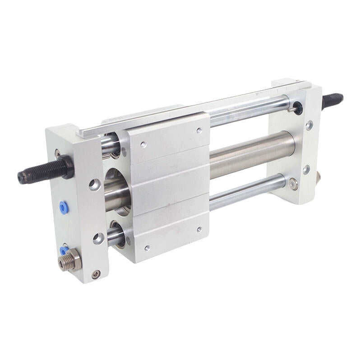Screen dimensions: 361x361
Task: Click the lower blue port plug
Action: coord(64,249)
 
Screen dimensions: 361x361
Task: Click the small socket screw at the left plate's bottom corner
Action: coord(96,273)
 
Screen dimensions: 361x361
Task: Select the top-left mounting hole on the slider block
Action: coord(143,145)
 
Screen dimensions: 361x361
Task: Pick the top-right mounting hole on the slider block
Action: coord(199,131)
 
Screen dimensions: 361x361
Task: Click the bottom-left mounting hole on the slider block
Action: coord(146,247)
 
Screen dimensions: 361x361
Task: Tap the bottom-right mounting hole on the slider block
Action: coord(199,229)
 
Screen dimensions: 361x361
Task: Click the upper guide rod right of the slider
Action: coord(248,110)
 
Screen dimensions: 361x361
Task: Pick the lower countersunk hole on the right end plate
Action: coord(306,170)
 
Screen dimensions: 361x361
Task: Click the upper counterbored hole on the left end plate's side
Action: coord(94,184)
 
